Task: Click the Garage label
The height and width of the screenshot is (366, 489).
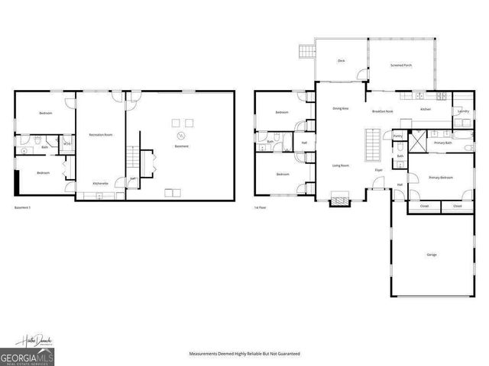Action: click(431, 254)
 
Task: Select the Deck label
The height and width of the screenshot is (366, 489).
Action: click(341, 60)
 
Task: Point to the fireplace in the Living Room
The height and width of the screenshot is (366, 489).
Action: click(338, 201)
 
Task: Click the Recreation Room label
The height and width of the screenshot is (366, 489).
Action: click(101, 134)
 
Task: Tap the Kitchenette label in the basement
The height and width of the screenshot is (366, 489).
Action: click(101, 183)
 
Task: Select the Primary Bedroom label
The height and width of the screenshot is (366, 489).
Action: click(440, 177)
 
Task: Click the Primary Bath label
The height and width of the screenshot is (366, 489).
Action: click(442, 143)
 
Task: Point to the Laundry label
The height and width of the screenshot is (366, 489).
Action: click(463, 111)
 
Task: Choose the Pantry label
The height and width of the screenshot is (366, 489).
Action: click(397, 136)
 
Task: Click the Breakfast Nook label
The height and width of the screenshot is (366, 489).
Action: click(382, 111)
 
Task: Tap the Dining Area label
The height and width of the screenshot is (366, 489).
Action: click(341, 109)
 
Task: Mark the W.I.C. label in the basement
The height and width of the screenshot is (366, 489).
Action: click(67, 143)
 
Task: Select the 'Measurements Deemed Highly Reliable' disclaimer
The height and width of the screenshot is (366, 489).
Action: click(244, 354)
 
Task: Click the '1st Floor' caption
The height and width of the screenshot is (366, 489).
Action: click(261, 207)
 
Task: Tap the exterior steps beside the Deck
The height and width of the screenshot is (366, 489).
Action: click(307, 51)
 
